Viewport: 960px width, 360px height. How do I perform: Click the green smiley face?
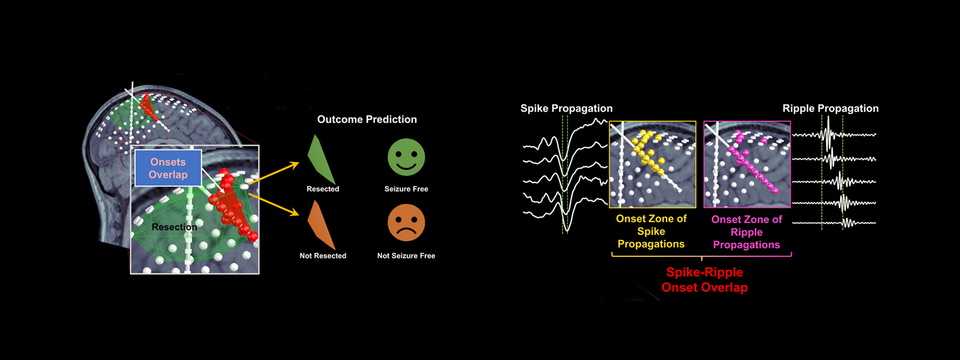(x=406, y=157)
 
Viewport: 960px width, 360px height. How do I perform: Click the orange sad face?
(x=406, y=223)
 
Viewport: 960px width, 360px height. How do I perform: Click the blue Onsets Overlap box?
(x=168, y=168)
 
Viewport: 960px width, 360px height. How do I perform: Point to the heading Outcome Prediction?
(x=367, y=119)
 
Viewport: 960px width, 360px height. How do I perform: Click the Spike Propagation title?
(x=566, y=109)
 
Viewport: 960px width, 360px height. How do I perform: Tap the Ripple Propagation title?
(x=830, y=109)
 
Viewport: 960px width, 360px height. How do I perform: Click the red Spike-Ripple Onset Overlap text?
(x=704, y=280)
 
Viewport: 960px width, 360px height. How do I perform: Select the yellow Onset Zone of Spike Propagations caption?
(x=651, y=232)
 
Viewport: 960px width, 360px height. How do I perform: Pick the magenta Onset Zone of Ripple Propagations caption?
(x=746, y=232)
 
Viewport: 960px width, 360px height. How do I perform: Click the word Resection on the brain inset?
(x=175, y=227)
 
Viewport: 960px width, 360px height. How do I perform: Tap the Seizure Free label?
(x=406, y=189)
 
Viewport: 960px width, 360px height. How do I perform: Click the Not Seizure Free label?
(x=406, y=256)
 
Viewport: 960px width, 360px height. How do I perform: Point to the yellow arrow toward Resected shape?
(x=274, y=173)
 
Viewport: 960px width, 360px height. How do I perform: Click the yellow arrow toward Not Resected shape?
(x=274, y=204)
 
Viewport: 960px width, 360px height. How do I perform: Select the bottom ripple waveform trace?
(x=834, y=223)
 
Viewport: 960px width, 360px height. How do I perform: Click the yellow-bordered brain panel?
(x=652, y=164)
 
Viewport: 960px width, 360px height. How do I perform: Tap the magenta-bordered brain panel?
(x=747, y=164)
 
